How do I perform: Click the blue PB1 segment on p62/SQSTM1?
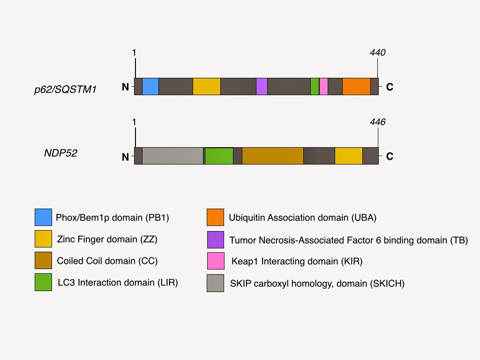click(x=150, y=87)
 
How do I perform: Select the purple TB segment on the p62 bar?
click(x=262, y=87)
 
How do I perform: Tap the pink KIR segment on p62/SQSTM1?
click(x=323, y=87)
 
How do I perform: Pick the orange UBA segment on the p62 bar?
click(x=356, y=87)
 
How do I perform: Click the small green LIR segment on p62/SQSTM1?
click(x=315, y=87)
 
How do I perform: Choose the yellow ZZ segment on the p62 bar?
click(x=207, y=87)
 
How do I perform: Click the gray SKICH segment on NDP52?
click(x=172, y=156)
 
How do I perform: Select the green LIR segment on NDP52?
click(x=219, y=156)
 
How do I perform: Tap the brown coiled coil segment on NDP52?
click(x=273, y=156)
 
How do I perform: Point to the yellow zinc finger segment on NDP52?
click(x=349, y=156)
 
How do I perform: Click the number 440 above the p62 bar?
click(x=377, y=52)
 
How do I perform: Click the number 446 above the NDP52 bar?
click(x=377, y=122)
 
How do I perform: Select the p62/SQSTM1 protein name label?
click(x=66, y=89)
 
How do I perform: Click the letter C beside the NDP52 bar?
click(x=389, y=157)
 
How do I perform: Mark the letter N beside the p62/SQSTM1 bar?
click(x=125, y=87)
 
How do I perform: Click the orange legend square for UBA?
click(x=215, y=217)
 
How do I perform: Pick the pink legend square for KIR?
click(x=215, y=261)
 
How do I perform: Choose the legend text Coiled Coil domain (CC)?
click(x=107, y=261)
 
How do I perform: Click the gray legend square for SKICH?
click(x=215, y=283)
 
